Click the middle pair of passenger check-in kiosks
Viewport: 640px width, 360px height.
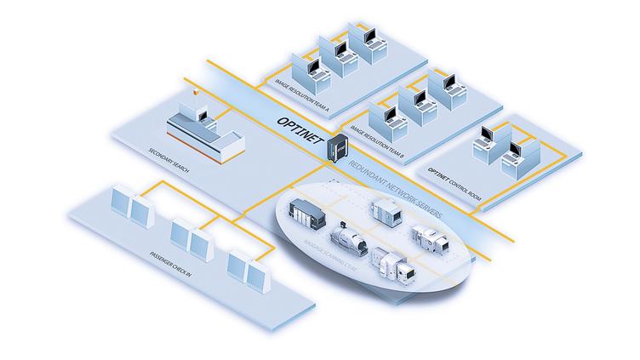click(x=191, y=237)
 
